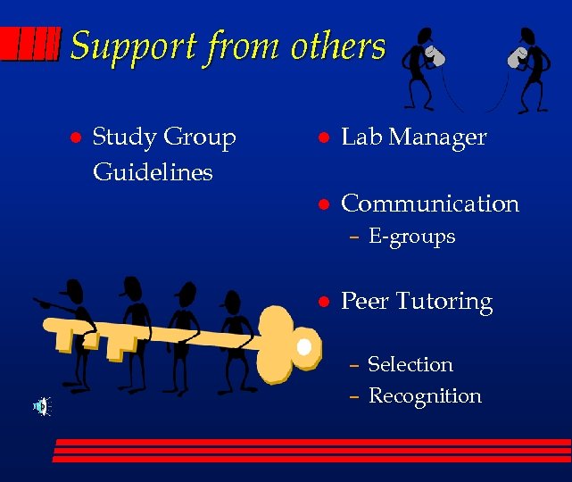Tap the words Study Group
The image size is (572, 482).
[x=164, y=137]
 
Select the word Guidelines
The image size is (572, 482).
[x=153, y=171]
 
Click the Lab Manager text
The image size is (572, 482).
[x=413, y=137]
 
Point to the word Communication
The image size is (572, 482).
[x=430, y=204]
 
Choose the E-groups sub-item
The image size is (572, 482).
[x=411, y=237]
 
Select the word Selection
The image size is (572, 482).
[x=410, y=364]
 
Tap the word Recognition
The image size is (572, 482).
[x=425, y=395]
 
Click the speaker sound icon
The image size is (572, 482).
[x=41, y=407]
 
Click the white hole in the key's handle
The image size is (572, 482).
[x=304, y=345]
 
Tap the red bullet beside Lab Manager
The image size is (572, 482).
[x=326, y=138]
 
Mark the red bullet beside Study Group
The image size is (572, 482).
[x=76, y=138]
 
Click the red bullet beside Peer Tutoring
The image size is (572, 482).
[x=326, y=302]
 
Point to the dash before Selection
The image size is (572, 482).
[x=354, y=365]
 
